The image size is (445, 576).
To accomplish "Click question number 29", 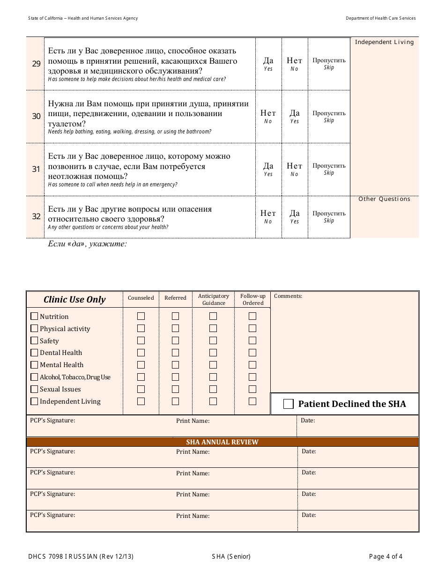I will point(36,64).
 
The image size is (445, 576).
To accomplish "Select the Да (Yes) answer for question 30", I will point(294,116).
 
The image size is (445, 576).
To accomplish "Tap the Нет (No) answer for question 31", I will point(294,169).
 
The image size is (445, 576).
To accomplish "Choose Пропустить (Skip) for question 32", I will point(329,216).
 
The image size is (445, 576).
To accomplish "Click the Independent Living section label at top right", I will point(384,42).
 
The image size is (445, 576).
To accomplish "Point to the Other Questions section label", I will point(384,199).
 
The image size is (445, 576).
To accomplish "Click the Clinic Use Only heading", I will point(74,300).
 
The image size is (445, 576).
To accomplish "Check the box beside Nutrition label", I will point(34,316).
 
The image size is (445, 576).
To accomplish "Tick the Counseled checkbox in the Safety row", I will point(141,340).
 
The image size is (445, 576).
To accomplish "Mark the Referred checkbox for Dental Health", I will point(175,353).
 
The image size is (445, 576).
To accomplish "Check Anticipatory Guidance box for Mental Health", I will point(213,365).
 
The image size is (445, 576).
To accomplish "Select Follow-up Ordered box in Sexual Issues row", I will point(252,389).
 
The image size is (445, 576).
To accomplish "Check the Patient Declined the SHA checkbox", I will point(289,404).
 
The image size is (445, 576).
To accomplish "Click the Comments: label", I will point(288,296).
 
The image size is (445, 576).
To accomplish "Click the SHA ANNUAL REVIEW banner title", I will point(222,442).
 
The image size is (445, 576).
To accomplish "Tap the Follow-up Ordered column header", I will point(252,299).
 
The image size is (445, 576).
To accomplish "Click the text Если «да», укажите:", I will point(87,244).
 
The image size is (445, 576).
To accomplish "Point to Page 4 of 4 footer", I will point(386,556).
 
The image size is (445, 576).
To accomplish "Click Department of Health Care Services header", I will point(380,18).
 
